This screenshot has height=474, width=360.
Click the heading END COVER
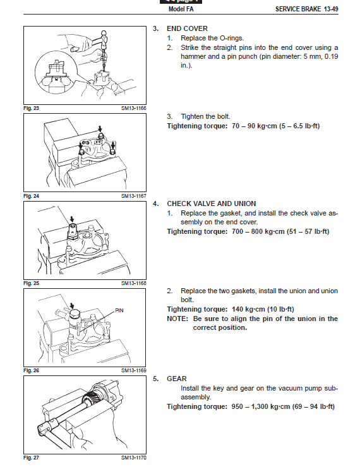pos(187,28)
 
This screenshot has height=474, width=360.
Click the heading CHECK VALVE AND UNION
pos(212,204)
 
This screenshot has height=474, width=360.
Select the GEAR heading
pos(177,379)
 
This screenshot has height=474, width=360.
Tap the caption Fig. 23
pos(31,108)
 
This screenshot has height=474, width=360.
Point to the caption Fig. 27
pos(31,458)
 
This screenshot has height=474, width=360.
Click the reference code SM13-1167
pos(134,196)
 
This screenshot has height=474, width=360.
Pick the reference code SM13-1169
pos(134,370)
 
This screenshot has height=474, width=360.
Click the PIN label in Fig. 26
pos(119,310)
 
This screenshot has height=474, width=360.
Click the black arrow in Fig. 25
pos(71,219)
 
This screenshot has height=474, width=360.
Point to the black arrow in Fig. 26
pos(71,306)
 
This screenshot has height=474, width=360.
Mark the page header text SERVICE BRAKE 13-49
pos(306,9)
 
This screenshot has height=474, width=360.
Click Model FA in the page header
pos(181,9)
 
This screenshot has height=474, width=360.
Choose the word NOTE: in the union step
pos(177,319)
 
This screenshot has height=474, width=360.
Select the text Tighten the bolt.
pos(205,117)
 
